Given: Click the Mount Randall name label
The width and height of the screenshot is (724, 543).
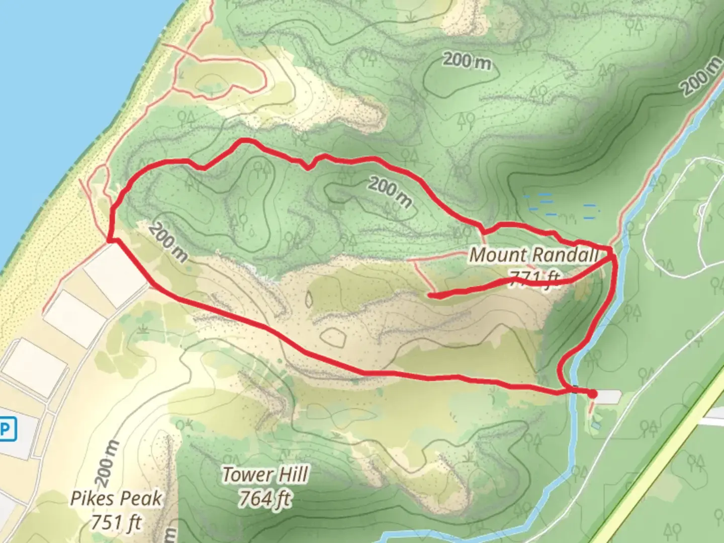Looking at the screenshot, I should (533, 255).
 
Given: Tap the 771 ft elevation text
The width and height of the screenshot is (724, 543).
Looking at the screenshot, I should (534, 278).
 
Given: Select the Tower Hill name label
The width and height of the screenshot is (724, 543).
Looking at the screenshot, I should (265, 475).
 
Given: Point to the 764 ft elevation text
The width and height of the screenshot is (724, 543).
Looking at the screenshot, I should (265, 499).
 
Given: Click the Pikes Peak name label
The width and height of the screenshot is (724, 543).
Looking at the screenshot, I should (116, 498).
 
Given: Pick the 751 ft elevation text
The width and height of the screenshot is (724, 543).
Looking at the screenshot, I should (116, 522).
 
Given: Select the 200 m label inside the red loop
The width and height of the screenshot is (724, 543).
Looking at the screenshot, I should (390, 192).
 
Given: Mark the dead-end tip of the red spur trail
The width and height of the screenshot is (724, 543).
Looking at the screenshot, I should (430, 296).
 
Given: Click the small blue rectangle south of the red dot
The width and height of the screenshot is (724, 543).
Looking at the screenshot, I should (596, 425).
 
